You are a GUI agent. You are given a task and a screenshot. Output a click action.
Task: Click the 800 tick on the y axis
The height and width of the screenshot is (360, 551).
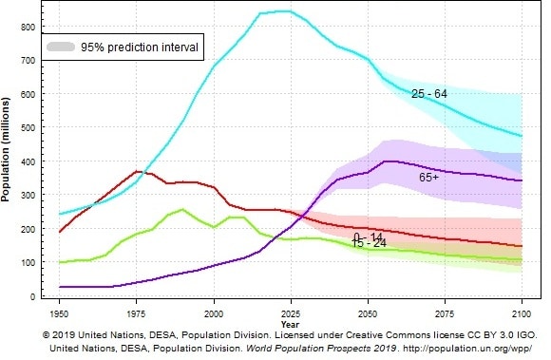pos(28,27)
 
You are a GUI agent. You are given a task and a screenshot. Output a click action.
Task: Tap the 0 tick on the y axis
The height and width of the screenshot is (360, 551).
pos(33,296)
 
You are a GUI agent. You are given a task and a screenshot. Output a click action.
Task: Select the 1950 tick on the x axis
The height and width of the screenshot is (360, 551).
pos(59,312)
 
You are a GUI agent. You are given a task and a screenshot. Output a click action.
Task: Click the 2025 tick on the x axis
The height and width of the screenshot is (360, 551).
pos(290,312)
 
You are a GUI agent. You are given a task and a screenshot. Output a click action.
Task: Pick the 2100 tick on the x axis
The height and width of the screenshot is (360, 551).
pos(521,312)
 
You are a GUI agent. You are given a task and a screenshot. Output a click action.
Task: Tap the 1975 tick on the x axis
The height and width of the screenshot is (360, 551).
pos(136,312)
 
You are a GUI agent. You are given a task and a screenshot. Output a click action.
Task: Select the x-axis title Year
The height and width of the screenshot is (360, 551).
pos(290,322)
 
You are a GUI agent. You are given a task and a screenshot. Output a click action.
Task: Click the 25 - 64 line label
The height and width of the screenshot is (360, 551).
pos(430,94)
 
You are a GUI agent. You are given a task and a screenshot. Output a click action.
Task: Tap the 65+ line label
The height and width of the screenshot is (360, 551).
pos(428,178)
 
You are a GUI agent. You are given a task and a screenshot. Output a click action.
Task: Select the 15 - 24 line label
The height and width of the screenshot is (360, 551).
pos(369,244)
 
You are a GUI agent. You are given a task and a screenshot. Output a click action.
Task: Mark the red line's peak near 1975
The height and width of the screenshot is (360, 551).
pos(138,171)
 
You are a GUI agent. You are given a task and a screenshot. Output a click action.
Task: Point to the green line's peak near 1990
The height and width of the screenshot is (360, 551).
pos(182,209)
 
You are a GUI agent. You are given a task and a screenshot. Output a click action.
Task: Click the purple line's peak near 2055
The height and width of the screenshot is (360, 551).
pos(385,161)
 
